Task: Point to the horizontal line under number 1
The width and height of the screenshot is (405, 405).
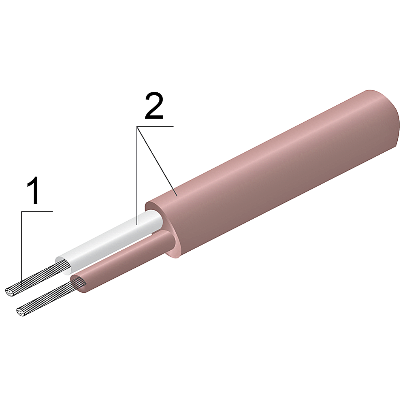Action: (37, 211)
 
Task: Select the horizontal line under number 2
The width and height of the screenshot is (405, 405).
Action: (155, 126)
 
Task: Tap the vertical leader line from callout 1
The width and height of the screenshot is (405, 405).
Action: (22, 247)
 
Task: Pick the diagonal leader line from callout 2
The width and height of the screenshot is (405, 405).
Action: (157, 162)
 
